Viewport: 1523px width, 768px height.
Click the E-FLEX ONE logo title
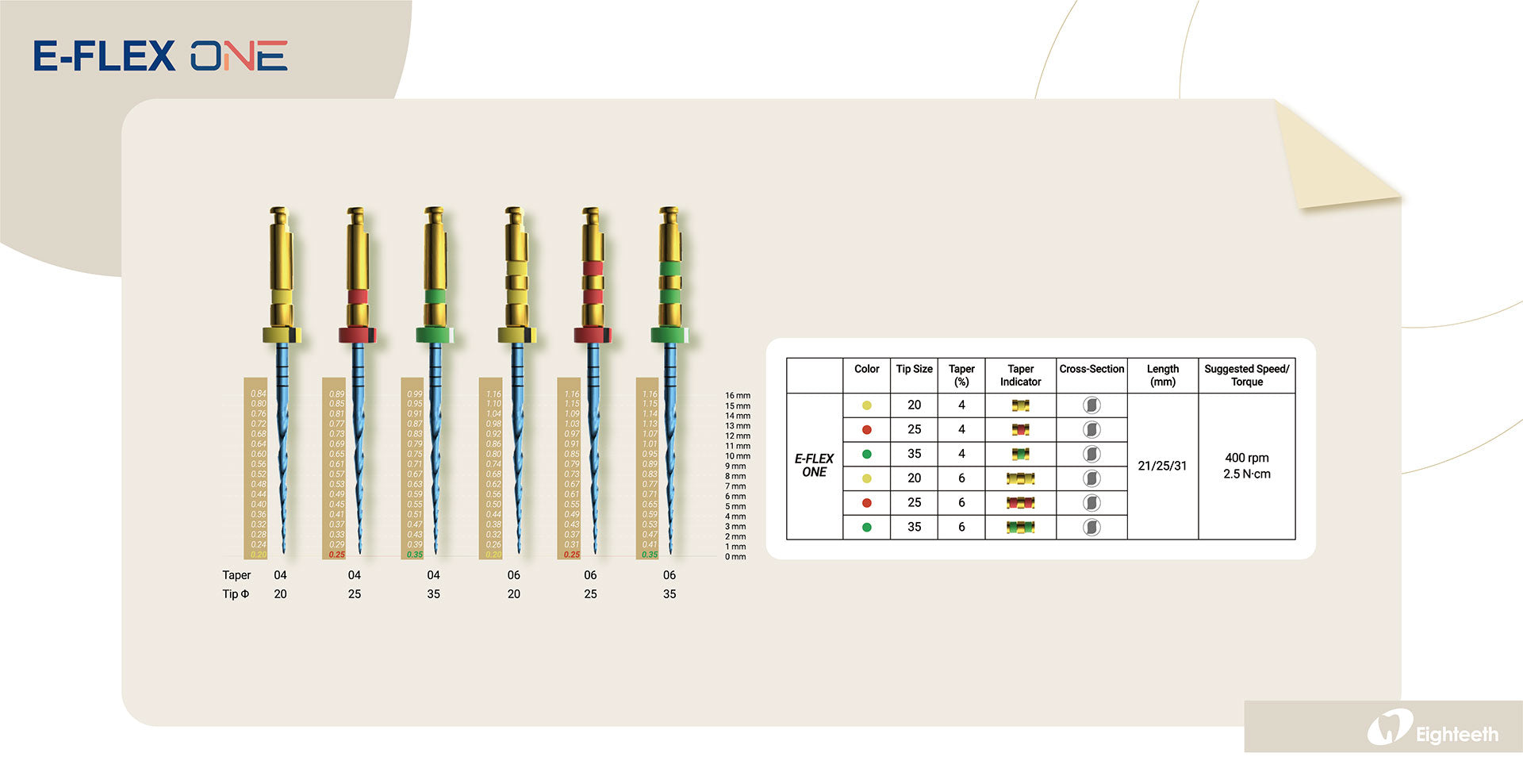coord(160,56)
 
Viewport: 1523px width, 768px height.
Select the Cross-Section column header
coord(1091,370)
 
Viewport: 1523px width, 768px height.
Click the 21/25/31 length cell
coord(1162,467)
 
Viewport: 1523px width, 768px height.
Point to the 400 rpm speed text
coord(1246,458)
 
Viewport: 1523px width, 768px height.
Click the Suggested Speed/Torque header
coord(1246,375)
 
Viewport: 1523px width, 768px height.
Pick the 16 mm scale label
coord(737,395)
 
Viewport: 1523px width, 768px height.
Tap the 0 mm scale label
coord(735,557)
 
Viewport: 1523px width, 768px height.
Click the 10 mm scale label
coord(737,456)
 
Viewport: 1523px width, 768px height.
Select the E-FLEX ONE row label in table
coord(814,466)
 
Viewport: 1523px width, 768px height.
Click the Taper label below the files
coord(236,575)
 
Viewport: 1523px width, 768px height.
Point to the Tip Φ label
coord(236,594)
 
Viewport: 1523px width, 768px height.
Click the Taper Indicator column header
coord(1020,375)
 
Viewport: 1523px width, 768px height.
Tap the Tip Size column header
coord(914,370)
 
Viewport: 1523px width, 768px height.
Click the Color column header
coord(866,370)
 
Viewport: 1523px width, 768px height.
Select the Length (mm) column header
coord(1162,375)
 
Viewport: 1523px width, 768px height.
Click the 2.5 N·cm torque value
coord(1246,474)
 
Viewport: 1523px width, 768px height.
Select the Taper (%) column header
coord(961,375)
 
